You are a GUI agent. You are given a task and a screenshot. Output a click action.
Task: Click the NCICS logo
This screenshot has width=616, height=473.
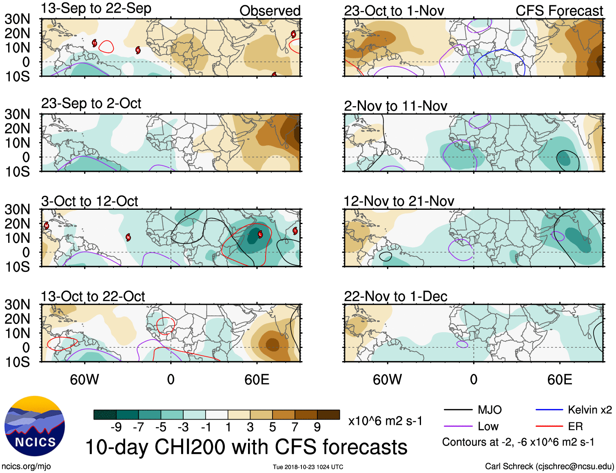(34, 426)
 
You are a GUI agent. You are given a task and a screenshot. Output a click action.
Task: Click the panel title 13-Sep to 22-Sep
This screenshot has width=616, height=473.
(96, 9)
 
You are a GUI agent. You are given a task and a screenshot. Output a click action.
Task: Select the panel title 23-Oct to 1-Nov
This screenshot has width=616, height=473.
(394, 11)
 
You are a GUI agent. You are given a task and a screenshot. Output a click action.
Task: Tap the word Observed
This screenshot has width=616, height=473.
(270, 11)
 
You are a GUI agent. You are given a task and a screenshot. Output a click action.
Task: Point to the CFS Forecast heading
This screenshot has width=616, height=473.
(559, 11)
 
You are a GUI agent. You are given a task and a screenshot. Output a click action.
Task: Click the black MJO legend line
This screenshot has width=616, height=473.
(458, 410)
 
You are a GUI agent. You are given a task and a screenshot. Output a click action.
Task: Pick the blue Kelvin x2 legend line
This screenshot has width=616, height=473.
(549, 410)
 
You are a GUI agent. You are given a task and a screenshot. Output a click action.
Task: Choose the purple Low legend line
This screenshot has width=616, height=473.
(458, 426)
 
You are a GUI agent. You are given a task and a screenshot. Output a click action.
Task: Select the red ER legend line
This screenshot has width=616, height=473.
(549, 426)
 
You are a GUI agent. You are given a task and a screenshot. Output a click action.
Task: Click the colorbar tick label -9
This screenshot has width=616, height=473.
(116, 427)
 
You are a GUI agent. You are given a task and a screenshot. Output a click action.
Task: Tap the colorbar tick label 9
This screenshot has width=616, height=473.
(317, 427)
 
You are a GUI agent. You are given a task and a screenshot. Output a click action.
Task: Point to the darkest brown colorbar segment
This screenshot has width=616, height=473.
(328, 415)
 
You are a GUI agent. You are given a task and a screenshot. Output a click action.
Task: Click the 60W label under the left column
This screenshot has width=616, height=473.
(84, 380)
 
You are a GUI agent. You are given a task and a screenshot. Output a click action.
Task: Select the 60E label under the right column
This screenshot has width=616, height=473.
(559, 380)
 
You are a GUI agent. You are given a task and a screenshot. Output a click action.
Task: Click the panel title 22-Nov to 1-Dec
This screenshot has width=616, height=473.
(395, 296)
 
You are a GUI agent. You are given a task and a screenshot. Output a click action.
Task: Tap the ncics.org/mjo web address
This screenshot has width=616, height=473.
(26, 466)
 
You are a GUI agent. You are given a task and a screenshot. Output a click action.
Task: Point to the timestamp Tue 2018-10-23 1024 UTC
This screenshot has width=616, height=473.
(308, 467)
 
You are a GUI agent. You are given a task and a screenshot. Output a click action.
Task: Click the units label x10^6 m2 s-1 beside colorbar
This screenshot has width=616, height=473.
(385, 421)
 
